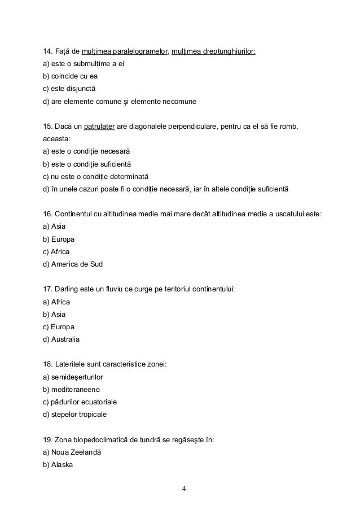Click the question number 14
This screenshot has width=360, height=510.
(x=48, y=52)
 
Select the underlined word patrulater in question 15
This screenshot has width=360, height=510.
(x=99, y=127)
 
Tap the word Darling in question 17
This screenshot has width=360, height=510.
(x=67, y=290)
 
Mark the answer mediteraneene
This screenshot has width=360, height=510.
(x=71, y=390)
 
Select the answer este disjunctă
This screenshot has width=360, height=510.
(x=69, y=90)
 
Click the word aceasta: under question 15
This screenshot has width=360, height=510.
(x=58, y=139)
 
